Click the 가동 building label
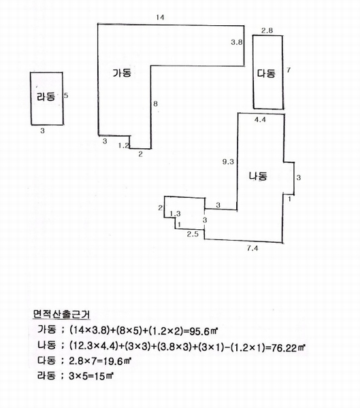coord(122,73)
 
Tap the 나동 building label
coord(258,176)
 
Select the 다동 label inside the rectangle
coord(266,73)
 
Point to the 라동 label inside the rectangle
coord(46,97)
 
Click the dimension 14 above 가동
coord(160,18)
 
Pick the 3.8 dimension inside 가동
coord(237,42)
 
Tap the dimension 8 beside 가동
coord(155,104)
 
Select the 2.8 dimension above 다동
coord(267,31)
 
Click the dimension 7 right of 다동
coord(289,70)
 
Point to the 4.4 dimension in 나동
coord(260,120)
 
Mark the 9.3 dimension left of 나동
coord(228,162)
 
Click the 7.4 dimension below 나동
coord(252,248)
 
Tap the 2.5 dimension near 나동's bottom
coord(193,234)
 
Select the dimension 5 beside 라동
coord(66,95)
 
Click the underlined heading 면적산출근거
coord(61,314)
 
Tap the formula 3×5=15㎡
coord(91,376)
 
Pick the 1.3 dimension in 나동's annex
coord(175,214)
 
